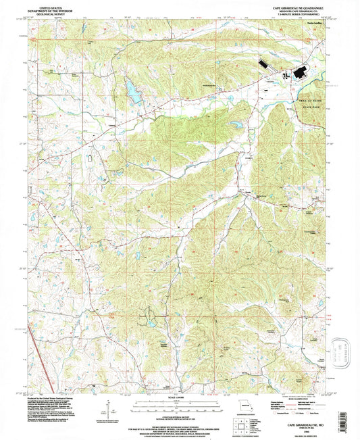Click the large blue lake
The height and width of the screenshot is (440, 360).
pyautogui.click(x=131, y=91)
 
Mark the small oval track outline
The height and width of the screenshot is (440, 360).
pyautogui.click(x=90, y=157)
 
